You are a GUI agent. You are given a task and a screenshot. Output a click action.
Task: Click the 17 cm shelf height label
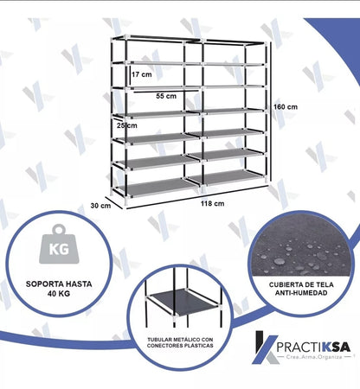pos(142,74)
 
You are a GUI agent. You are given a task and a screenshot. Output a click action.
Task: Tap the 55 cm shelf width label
pos(166,96)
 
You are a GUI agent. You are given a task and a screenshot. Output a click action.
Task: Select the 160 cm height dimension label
pos(286,107)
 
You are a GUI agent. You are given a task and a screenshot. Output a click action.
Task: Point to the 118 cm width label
pos(213,203)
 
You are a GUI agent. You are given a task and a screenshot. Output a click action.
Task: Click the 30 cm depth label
pos(100,206)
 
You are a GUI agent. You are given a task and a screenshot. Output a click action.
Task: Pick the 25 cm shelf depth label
pos(127,125)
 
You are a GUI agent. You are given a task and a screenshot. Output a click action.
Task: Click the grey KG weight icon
pos(59,244)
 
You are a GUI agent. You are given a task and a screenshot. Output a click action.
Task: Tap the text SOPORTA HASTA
pos(59,284)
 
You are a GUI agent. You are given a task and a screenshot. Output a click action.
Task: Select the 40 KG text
pos(59,294)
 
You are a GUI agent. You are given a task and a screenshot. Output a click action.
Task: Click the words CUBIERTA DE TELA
pos(301,284)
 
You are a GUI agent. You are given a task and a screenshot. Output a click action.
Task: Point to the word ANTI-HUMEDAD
pos(301,293)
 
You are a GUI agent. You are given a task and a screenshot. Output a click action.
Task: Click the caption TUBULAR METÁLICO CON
pos(180,340)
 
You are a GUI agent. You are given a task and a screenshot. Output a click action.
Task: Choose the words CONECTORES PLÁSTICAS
pos(180,346)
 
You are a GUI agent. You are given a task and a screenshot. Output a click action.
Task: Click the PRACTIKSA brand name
pos(313,347)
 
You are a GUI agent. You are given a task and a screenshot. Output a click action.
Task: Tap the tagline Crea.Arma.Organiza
pos(314,357)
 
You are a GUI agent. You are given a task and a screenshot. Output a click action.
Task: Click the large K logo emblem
pos(265,348)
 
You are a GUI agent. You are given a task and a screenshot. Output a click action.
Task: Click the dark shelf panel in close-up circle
pos(183,302)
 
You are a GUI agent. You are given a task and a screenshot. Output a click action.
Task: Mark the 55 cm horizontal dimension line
pos(166,92)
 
